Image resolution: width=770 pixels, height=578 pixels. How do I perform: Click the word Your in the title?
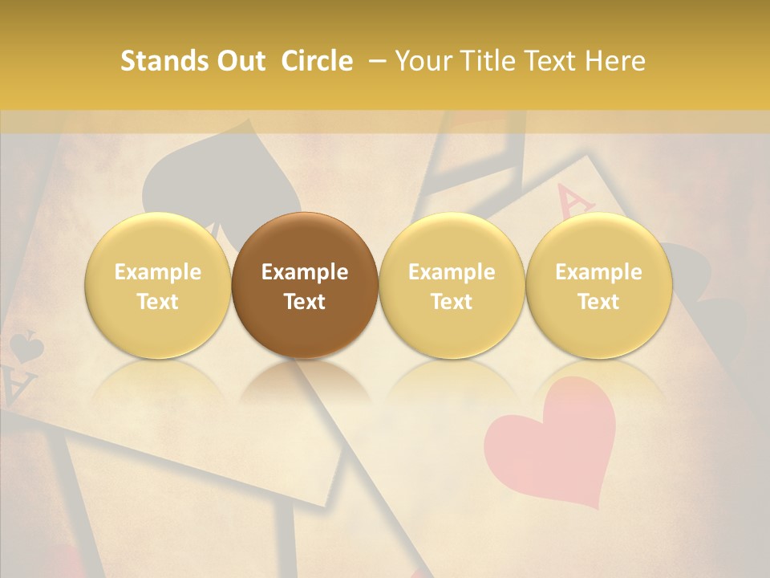(x=422, y=61)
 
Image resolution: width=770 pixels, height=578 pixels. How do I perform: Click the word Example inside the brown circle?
(x=305, y=272)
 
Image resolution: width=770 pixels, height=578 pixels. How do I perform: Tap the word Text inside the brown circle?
(x=305, y=302)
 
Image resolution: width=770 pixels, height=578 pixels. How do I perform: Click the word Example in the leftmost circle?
(x=158, y=272)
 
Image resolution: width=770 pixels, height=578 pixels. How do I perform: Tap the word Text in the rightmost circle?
(x=599, y=302)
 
